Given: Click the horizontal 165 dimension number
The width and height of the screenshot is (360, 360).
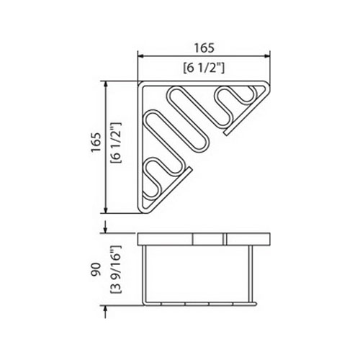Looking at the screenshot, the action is pyautogui.click(x=204, y=48).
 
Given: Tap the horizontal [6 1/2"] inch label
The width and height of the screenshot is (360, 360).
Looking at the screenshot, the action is pyautogui.click(x=204, y=68).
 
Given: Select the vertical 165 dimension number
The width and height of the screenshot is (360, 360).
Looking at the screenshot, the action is pyautogui.click(x=96, y=142).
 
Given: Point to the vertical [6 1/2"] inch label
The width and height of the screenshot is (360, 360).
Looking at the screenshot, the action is pyautogui.click(x=116, y=143).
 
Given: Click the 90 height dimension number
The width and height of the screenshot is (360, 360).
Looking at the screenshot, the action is pyautogui.click(x=96, y=269).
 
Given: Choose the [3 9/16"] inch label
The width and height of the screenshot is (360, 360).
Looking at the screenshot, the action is pyautogui.click(x=116, y=269).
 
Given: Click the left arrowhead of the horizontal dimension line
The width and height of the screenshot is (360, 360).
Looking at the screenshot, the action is pyautogui.click(x=140, y=56).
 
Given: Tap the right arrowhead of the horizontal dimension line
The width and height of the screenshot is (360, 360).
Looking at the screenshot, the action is pyautogui.click(x=267, y=56).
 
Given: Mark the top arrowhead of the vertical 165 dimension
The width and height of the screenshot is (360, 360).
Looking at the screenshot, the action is pyautogui.click(x=105, y=84).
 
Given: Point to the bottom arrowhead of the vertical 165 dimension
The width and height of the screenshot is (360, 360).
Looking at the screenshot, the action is pyautogui.click(x=105, y=210).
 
